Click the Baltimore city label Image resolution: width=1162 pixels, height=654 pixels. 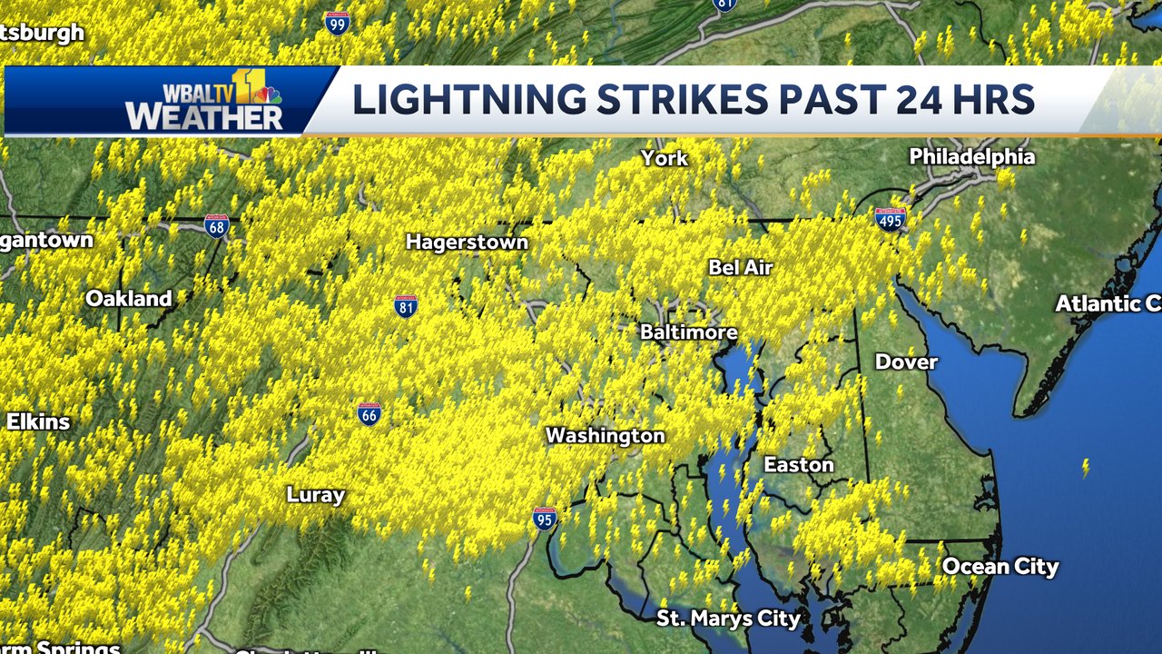coord(688,332)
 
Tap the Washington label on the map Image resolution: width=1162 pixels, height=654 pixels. coord(605,436)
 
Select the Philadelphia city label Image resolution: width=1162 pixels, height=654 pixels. coord(971,157)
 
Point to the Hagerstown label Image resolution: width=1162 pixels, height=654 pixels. coord(467,243)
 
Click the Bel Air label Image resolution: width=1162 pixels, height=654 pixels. coord(740,267)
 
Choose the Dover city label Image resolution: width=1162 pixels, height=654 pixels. coord(905,362)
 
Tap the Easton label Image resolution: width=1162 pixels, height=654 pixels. coord(798,465)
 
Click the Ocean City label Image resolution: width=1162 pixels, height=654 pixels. coord(1000,567)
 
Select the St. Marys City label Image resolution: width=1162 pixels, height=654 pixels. coord(729,619)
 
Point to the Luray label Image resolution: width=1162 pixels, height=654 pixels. coord(315,495)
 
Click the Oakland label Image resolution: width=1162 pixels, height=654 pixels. coord(128,299)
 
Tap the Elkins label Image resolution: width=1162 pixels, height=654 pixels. coord(37,421)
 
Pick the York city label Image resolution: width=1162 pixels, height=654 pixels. coord(665,158)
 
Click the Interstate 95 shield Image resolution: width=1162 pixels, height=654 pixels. coord(544,518)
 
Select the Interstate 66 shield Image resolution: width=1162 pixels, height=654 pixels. coord(369,413)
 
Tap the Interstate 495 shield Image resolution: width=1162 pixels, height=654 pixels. coord(890,218)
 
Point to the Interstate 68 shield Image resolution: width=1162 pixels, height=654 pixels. coord(217,225)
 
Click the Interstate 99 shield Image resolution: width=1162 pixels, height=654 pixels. coord(337,23)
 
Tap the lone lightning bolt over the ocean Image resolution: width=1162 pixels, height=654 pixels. coord(1084,468)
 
